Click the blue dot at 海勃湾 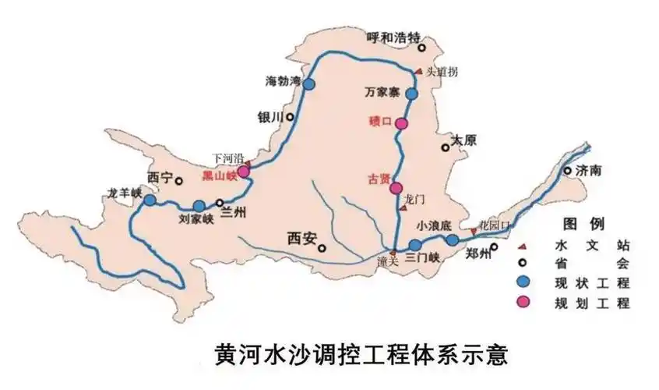[x=309, y=84]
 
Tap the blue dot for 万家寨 [x=412, y=94]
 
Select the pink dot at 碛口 [x=401, y=123]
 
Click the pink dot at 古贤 [x=396, y=188]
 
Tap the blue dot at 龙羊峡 [x=150, y=200]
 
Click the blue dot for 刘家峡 [x=199, y=207]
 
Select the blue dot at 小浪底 [x=453, y=240]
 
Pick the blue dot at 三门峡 [x=415, y=245]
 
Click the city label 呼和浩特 [x=393, y=37]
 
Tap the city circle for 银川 [x=290, y=117]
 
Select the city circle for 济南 [x=567, y=170]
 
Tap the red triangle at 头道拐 [x=418, y=71]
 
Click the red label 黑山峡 [x=218, y=175]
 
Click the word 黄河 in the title [x=236, y=355]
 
